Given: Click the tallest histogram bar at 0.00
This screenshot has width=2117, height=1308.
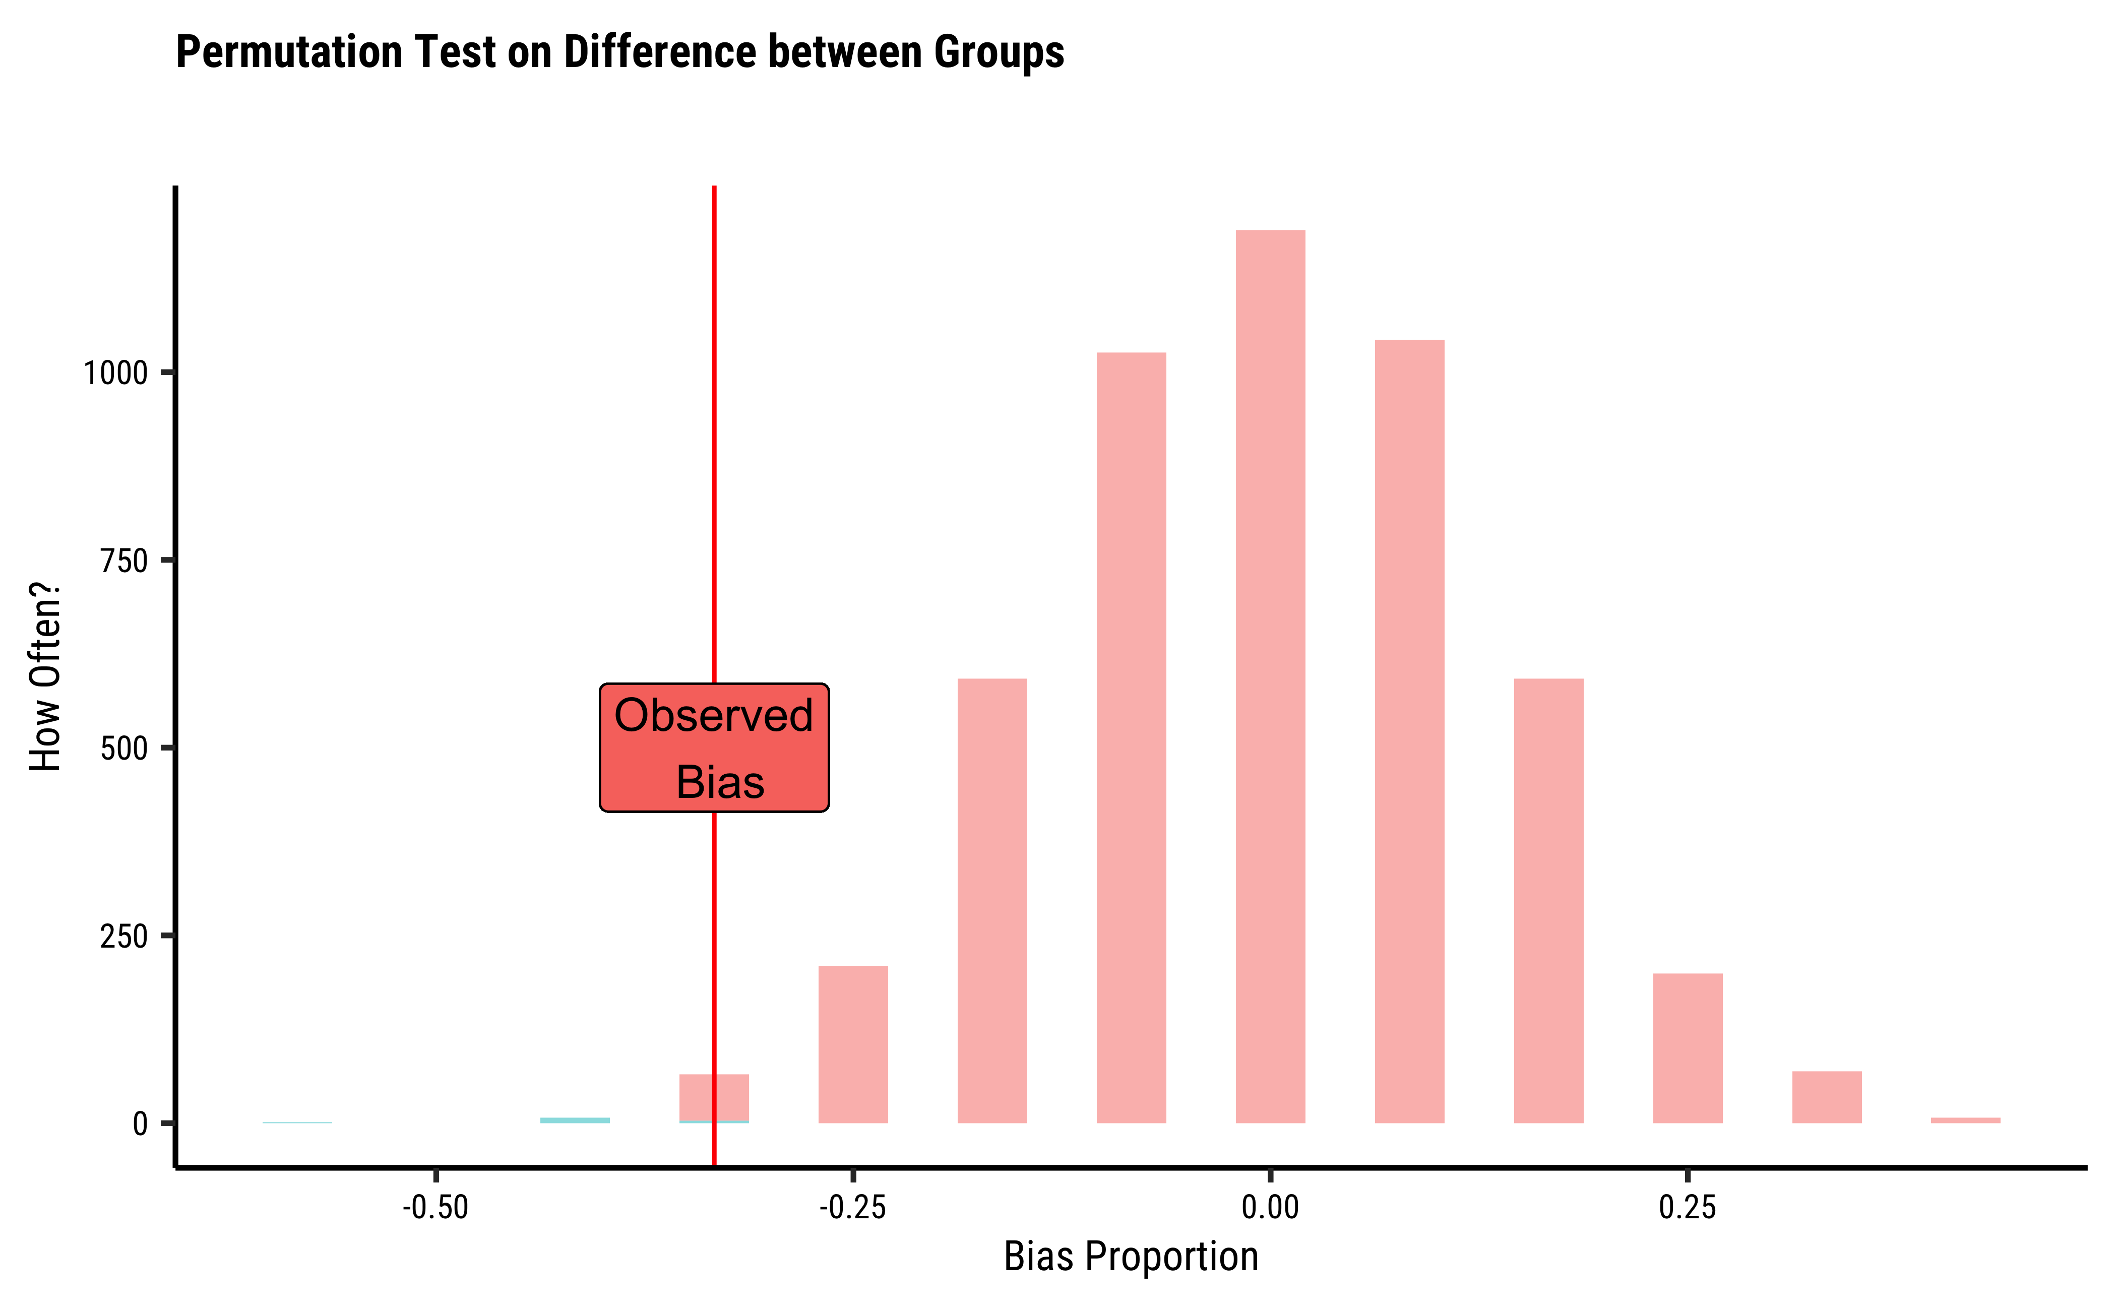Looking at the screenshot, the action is coord(1270,676).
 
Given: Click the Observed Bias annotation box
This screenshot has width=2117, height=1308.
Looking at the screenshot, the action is coord(714,748).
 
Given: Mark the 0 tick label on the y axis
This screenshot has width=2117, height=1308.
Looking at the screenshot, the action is coord(140,1124).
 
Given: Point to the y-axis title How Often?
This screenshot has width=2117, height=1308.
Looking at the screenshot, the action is coord(45,676).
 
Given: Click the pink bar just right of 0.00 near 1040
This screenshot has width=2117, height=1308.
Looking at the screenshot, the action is coord(1409,732).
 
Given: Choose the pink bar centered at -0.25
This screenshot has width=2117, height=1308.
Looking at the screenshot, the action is coord(853,1045).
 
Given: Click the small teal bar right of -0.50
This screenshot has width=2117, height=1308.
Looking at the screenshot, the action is coord(575,1120).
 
